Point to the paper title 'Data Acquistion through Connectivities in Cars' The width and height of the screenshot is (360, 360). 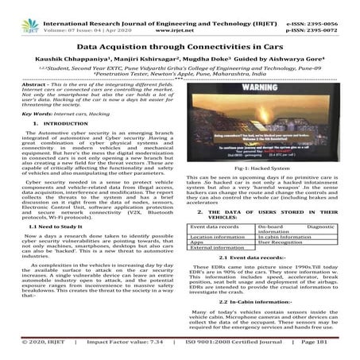coord(180,37)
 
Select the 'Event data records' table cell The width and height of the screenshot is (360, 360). coord(219,227)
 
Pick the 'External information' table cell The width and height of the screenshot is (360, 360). coord(223,249)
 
